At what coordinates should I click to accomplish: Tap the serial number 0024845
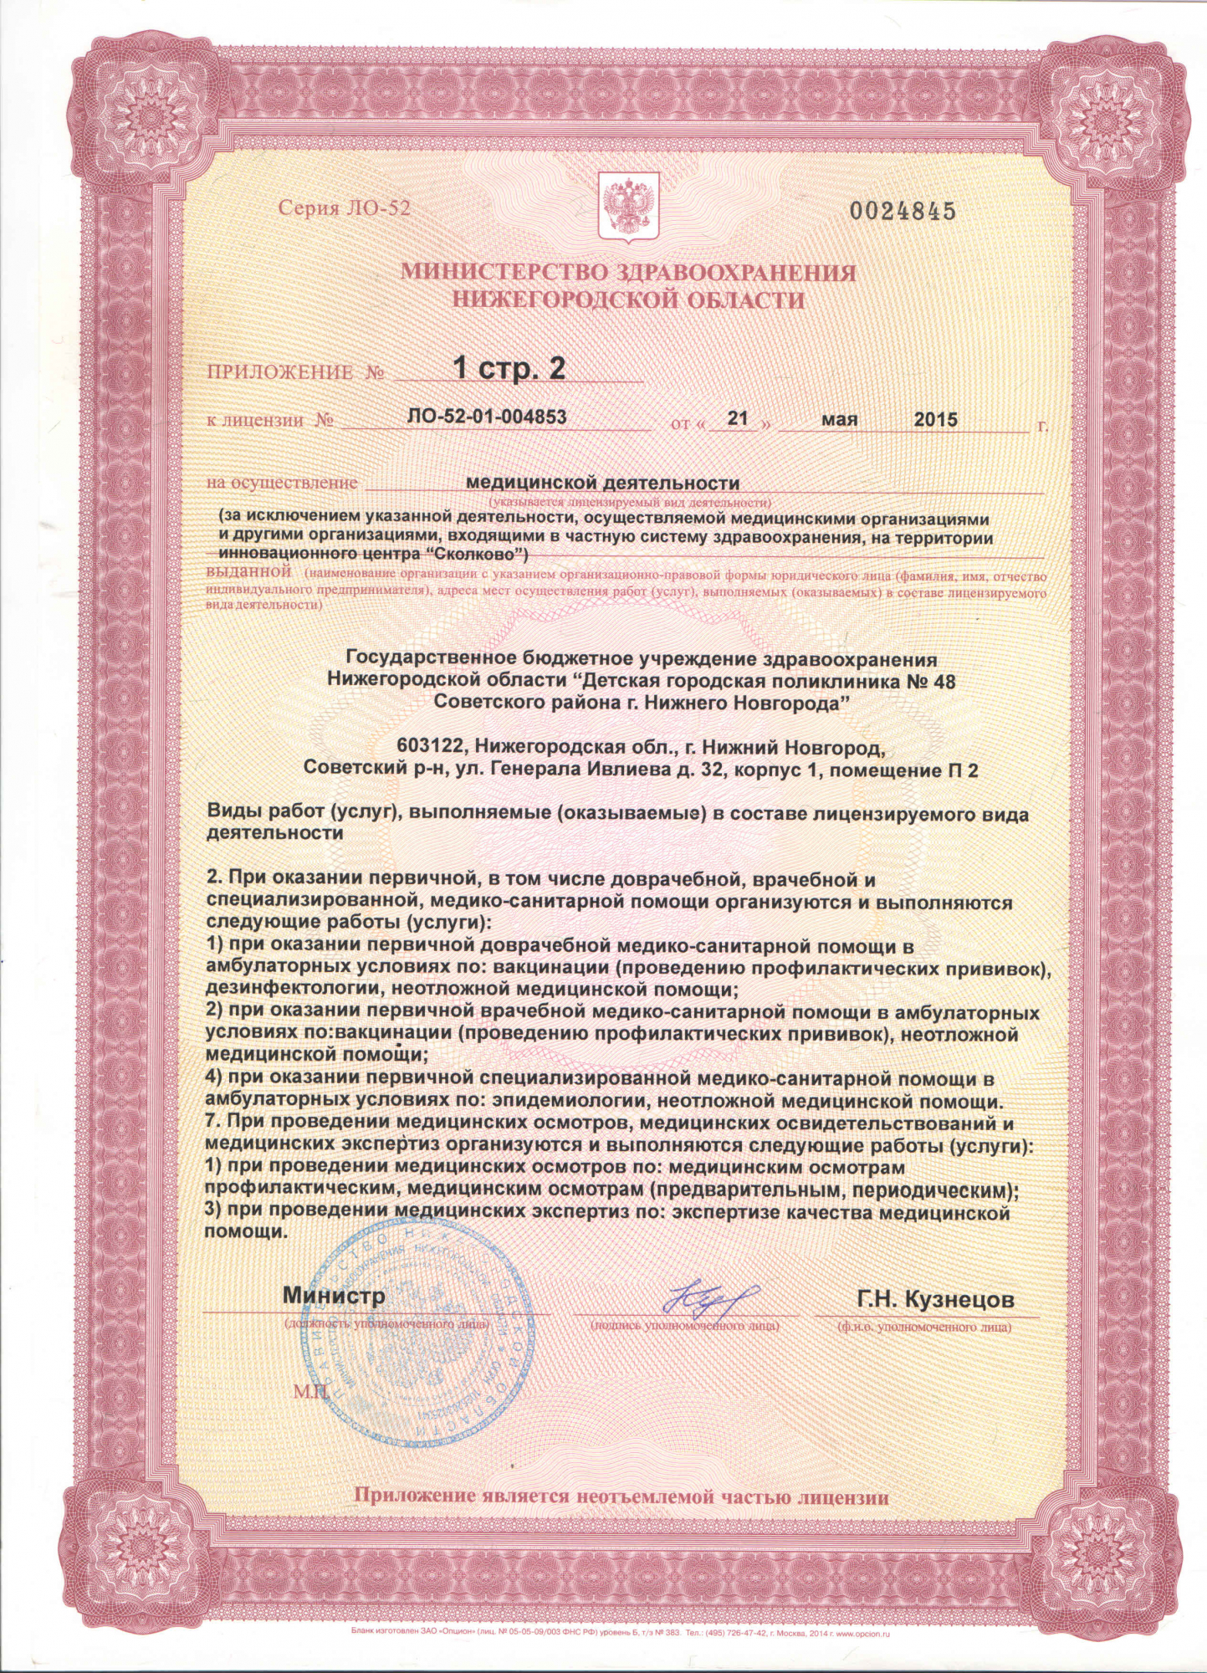(x=903, y=211)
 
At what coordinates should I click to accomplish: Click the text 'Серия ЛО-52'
(x=345, y=208)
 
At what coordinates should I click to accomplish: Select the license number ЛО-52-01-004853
(x=487, y=417)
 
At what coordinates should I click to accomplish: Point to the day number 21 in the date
(x=737, y=417)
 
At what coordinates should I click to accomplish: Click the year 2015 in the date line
(x=935, y=419)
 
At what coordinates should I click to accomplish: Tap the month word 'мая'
(x=839, y=418)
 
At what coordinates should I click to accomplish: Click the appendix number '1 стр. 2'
(x=509, y=367)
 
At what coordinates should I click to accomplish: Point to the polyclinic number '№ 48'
(x=931, y=682)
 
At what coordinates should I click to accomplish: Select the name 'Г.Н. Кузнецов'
(x=935, y=1299)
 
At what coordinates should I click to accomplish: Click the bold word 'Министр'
(x=334, y=1296)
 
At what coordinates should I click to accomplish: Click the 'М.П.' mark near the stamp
(x=312, y=1391)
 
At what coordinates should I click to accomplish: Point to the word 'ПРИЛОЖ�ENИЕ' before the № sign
(x=279, y=371)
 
